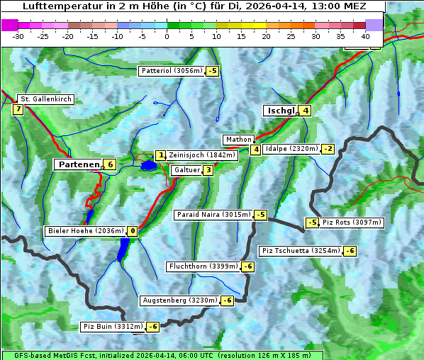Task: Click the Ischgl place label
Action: [281, 111]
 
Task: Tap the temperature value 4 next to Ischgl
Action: [305, 111]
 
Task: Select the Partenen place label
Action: [78, 164]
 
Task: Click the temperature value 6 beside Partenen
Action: [110, 164]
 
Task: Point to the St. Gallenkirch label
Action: [45, 99]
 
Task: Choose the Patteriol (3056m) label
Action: [172, 71]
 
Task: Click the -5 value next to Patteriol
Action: [213, 71]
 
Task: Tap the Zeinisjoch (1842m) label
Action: [191, 155]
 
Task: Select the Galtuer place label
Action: [186, 170]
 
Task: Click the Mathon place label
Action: [238, 140]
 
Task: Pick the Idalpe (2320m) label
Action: [291, 149]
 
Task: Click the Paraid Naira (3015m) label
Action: [213, 215]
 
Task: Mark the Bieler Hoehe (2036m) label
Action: [85, 231]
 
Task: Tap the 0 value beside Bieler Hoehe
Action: [133, 231]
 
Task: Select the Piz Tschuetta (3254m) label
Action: [301, 251]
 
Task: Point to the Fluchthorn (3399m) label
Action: [203, 266]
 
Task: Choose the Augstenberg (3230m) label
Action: [179, 300]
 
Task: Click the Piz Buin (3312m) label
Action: [113, 327]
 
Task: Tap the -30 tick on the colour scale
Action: [18, 35]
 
